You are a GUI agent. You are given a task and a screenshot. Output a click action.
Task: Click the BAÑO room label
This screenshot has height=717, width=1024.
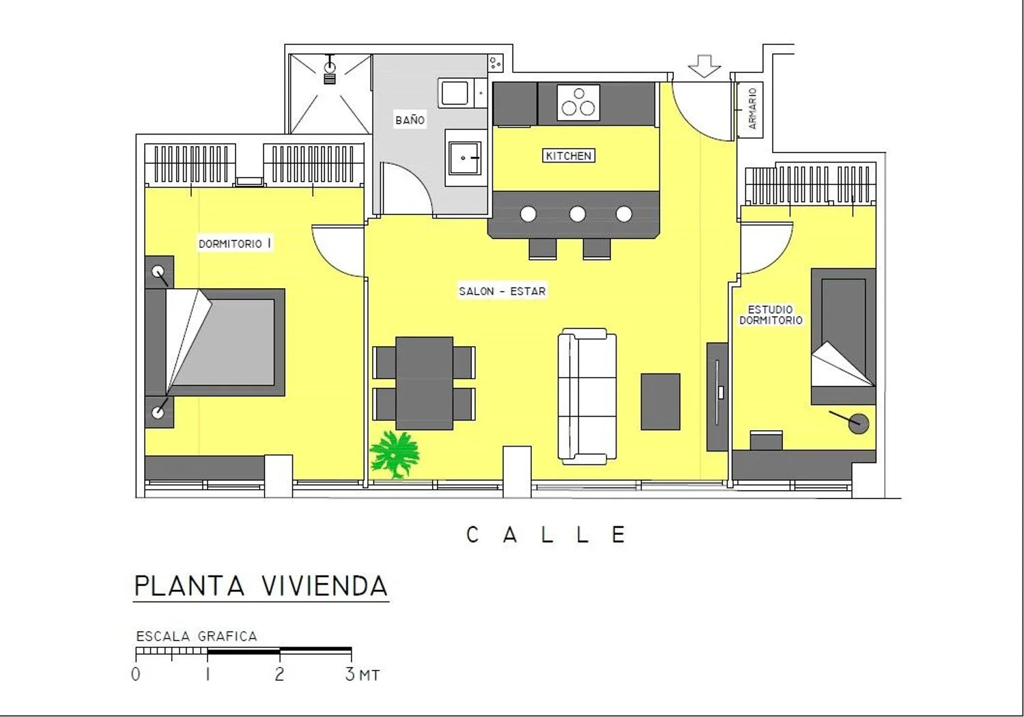(410, 119)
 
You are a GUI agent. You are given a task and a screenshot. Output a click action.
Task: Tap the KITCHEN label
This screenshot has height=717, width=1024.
(569, 156)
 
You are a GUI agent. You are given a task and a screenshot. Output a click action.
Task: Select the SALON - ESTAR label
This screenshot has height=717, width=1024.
(502, 292)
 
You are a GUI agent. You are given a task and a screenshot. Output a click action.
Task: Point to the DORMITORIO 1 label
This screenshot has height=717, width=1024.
(235, 243)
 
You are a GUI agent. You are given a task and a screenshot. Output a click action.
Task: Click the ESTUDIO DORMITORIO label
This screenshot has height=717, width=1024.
(771, 315)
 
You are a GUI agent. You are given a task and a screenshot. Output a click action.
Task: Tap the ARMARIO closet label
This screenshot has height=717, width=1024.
(752, 109)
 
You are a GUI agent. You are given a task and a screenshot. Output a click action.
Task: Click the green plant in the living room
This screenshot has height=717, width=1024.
(395, 455)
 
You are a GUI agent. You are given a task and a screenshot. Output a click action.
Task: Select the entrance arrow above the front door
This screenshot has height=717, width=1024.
(705, 66)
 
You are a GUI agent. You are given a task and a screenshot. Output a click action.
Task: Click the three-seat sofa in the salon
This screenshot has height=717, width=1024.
(587, 396)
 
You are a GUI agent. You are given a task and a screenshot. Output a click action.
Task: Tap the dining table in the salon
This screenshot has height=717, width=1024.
(424, 383)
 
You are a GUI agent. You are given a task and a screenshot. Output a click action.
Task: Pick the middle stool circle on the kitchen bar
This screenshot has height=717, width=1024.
(577, 214)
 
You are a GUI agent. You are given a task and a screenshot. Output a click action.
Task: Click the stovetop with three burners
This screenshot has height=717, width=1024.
(578, 103)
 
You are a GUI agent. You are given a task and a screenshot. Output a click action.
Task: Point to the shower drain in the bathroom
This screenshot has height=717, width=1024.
(330, 68)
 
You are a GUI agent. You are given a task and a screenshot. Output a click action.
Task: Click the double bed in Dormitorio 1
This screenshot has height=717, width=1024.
(215, 342)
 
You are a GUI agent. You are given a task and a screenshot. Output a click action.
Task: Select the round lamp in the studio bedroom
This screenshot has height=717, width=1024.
(858, 423)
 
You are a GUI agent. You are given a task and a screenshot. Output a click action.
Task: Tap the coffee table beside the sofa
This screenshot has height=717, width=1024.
(660, 402)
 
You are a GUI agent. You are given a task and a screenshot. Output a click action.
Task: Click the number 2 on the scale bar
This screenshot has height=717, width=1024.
(279, 673)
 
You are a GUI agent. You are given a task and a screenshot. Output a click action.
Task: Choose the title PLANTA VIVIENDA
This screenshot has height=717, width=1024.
(261, 586)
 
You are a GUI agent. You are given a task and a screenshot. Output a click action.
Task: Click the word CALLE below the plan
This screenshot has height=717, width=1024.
(546, 534)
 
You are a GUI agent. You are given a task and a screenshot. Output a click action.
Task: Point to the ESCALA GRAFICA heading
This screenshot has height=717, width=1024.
(197, 636)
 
